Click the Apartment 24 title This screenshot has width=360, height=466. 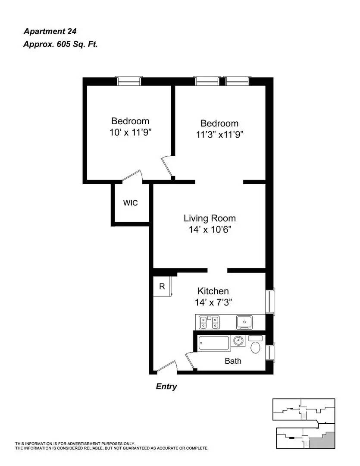[50, 31]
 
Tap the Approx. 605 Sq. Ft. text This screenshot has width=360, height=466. [60, 44]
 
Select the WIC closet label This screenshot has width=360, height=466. [130, 203]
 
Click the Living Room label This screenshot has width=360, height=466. [210, 218]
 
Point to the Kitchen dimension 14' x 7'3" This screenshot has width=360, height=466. [213, 302]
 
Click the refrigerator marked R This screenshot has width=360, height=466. [162, 286]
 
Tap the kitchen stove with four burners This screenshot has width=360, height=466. [209, 322]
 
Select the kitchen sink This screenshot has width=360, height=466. [244, 322]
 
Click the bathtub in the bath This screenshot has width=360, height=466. [214, 343]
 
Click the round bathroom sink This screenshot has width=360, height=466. [238, 340]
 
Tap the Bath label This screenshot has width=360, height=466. [233, 361]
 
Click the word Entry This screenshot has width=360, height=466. [166, 386]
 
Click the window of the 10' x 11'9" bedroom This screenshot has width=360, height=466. [128, 81]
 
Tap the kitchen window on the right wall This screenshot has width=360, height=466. [270, 301]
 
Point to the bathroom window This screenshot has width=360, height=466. [270, 352]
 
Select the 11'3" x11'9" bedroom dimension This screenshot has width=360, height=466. [219, 135]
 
